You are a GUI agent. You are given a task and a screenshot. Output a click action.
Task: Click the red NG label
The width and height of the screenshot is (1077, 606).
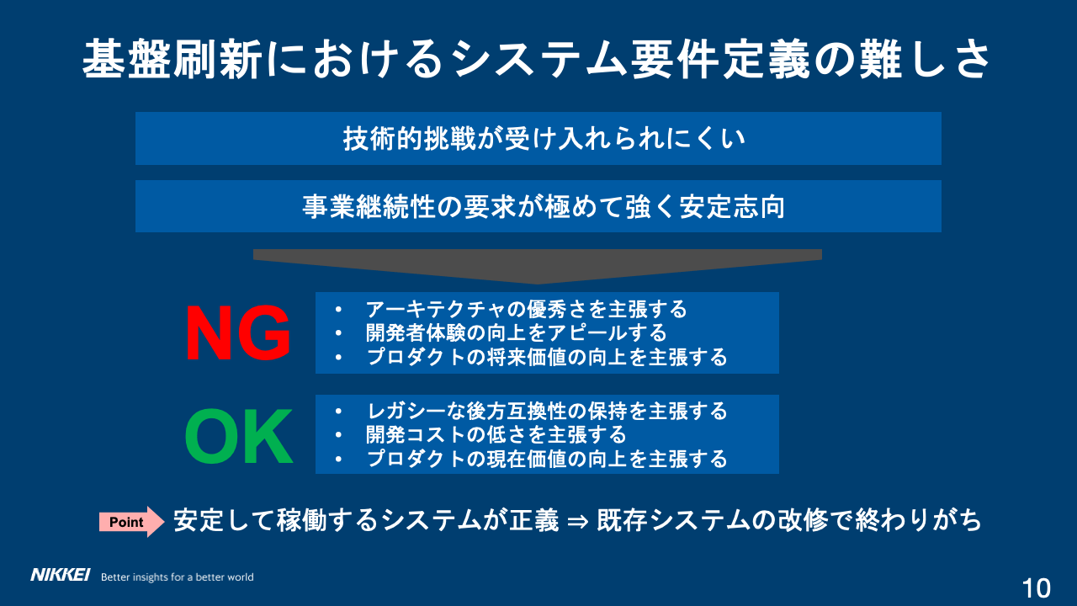point(238,333)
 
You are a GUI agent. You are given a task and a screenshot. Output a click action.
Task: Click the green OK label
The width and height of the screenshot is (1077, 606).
point(239,436)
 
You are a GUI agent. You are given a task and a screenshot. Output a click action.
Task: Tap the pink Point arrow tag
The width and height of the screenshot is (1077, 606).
point(131,522)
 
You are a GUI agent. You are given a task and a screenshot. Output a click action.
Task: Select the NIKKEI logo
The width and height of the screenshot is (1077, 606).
point(60,575)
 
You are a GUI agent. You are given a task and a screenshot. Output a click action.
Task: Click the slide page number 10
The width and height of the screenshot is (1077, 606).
point(1036,587)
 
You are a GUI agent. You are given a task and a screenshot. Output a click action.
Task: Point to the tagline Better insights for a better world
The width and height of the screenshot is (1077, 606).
point(177,577)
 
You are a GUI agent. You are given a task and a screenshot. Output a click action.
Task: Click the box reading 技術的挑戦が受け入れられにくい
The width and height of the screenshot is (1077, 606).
point(538,139)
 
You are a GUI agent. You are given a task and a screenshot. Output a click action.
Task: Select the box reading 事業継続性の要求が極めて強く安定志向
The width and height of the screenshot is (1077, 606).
point(538,206)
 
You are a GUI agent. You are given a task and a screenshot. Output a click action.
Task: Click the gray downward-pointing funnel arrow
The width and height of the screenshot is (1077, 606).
point(538,265)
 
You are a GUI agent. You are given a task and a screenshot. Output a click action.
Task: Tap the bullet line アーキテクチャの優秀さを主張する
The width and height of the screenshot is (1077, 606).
point(527,309)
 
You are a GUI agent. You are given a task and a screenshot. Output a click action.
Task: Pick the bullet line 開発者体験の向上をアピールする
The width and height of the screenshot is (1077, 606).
point(517,332)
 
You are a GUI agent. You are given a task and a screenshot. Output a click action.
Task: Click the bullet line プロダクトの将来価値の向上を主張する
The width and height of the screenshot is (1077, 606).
point(547,357)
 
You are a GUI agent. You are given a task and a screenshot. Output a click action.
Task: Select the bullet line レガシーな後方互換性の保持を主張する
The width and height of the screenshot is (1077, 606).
point(547,412)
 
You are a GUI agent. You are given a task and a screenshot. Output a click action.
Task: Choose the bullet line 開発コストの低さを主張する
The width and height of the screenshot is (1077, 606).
point(496,435)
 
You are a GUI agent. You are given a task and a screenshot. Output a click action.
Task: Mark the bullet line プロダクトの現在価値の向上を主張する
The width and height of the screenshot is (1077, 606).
point(547,459)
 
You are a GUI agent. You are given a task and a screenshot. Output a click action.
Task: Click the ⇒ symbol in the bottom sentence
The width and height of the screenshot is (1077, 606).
point(577,522)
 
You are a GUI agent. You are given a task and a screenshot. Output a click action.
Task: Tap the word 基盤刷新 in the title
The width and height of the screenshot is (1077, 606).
point(172,59)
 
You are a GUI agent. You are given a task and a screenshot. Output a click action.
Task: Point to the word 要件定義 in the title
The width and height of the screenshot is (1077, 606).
point(720,59)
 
